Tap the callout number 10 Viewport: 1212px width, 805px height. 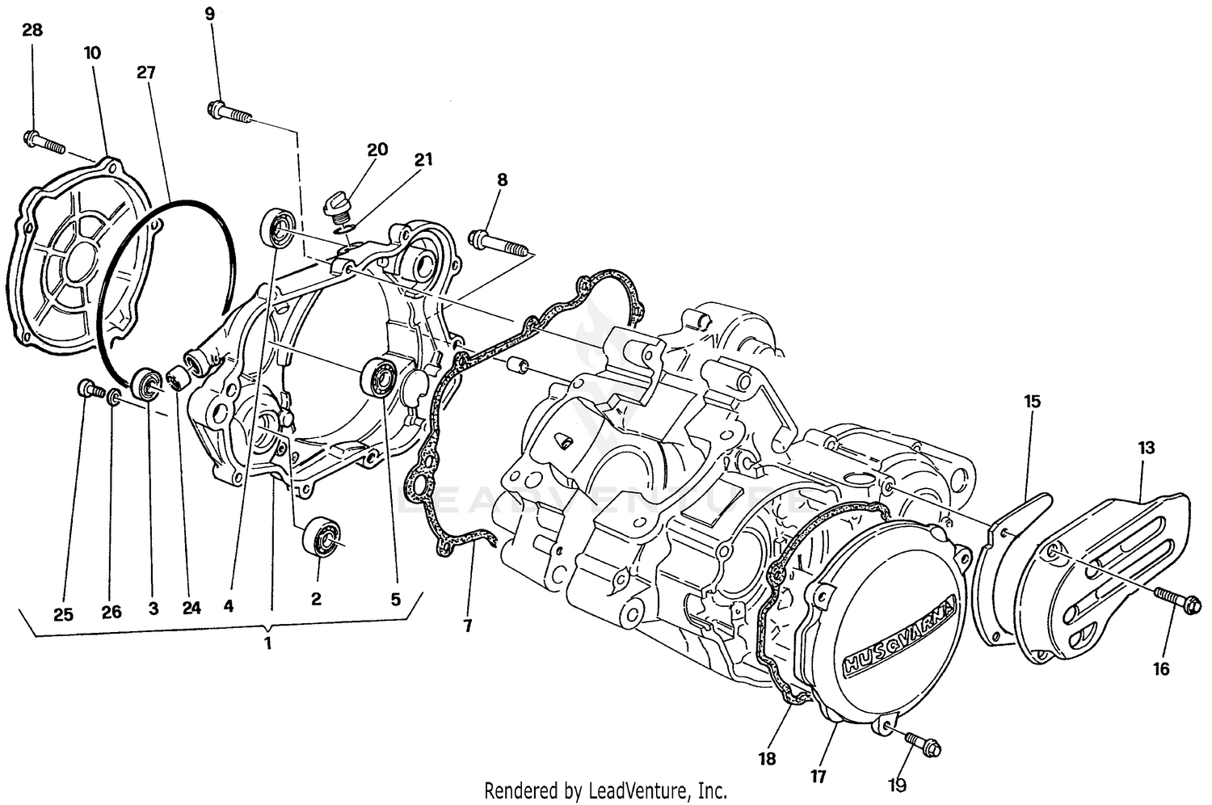point(91,53)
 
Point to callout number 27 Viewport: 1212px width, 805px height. point(145,72)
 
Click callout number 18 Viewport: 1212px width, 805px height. point(766,758)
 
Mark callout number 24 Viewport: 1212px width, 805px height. point(191,609)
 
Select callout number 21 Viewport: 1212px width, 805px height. point(423,159)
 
